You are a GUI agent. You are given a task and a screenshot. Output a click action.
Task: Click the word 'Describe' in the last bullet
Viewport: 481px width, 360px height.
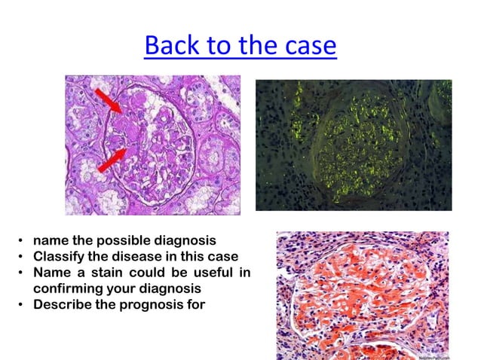(x=63, y=305)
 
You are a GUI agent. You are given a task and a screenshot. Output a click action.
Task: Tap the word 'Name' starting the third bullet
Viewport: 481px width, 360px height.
(x=51, y=273)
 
